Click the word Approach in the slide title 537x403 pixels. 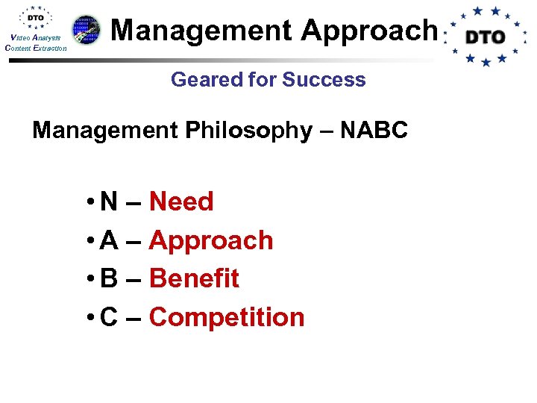pyautogui.click(x=368, y=31)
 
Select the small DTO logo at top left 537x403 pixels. pyautogui.click(x=36, y=18)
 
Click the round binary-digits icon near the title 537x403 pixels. pyautogui.click(x=87, y=30)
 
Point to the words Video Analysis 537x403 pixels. pyautogui.click(x=36, y=38)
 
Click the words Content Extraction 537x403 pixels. pyautogui.click(x=36, y=49)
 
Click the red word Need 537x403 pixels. pyautogui.click(x=181, y=201)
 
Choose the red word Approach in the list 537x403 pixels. pyautogui.click(x=211, y=241)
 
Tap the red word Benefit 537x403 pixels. pyautogui.click(x=194, y=278)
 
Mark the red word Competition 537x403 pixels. pyautogui.click(x=227, y=317)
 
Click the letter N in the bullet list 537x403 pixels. pyautogui.click(x=109, y=201)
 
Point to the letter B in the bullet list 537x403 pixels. pyautogui.click(x=109, y=278)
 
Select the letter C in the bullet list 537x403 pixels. pyautogui.click(x=109, y=317)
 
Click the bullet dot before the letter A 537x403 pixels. pyautogui.click(x=89, y=241)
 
